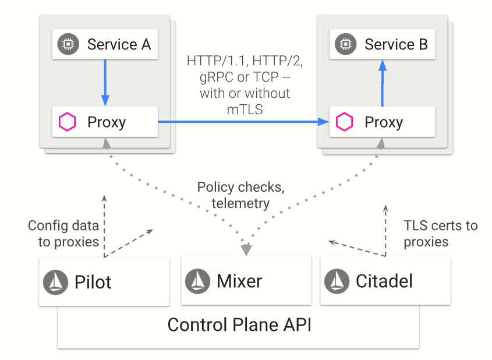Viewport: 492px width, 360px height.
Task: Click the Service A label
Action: pos(119,44)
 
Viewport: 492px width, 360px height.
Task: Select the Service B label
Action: pos(396,44)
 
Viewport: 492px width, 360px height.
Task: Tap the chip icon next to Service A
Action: pos(68,44)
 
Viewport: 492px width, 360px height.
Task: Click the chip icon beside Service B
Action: pos(345,44)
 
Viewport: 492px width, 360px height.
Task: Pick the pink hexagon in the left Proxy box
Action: pos(68,122)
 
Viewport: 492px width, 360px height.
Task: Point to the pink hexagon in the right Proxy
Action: pos(345,122)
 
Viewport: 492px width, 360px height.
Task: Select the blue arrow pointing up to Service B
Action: pos(382,82)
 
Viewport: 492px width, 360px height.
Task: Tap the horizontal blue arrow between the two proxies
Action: pos(242,122)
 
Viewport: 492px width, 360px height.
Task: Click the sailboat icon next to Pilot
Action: pos(55,282)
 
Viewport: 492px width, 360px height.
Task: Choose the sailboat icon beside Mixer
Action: pos(197,281)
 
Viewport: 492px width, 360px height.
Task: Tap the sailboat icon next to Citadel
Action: pos(337,281)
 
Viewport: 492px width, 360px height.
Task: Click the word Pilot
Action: pos(93,283)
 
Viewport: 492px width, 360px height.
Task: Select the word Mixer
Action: pos(239,282)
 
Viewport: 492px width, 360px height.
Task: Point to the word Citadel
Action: pos(384,282)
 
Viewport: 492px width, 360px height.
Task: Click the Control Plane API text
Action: pos(239,324)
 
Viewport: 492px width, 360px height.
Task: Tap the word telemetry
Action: pos(240,203)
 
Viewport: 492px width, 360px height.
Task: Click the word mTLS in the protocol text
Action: pos(245,108)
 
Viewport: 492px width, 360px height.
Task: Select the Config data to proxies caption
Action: pos(64,234)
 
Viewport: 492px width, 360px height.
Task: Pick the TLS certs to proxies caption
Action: pos(440,234)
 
